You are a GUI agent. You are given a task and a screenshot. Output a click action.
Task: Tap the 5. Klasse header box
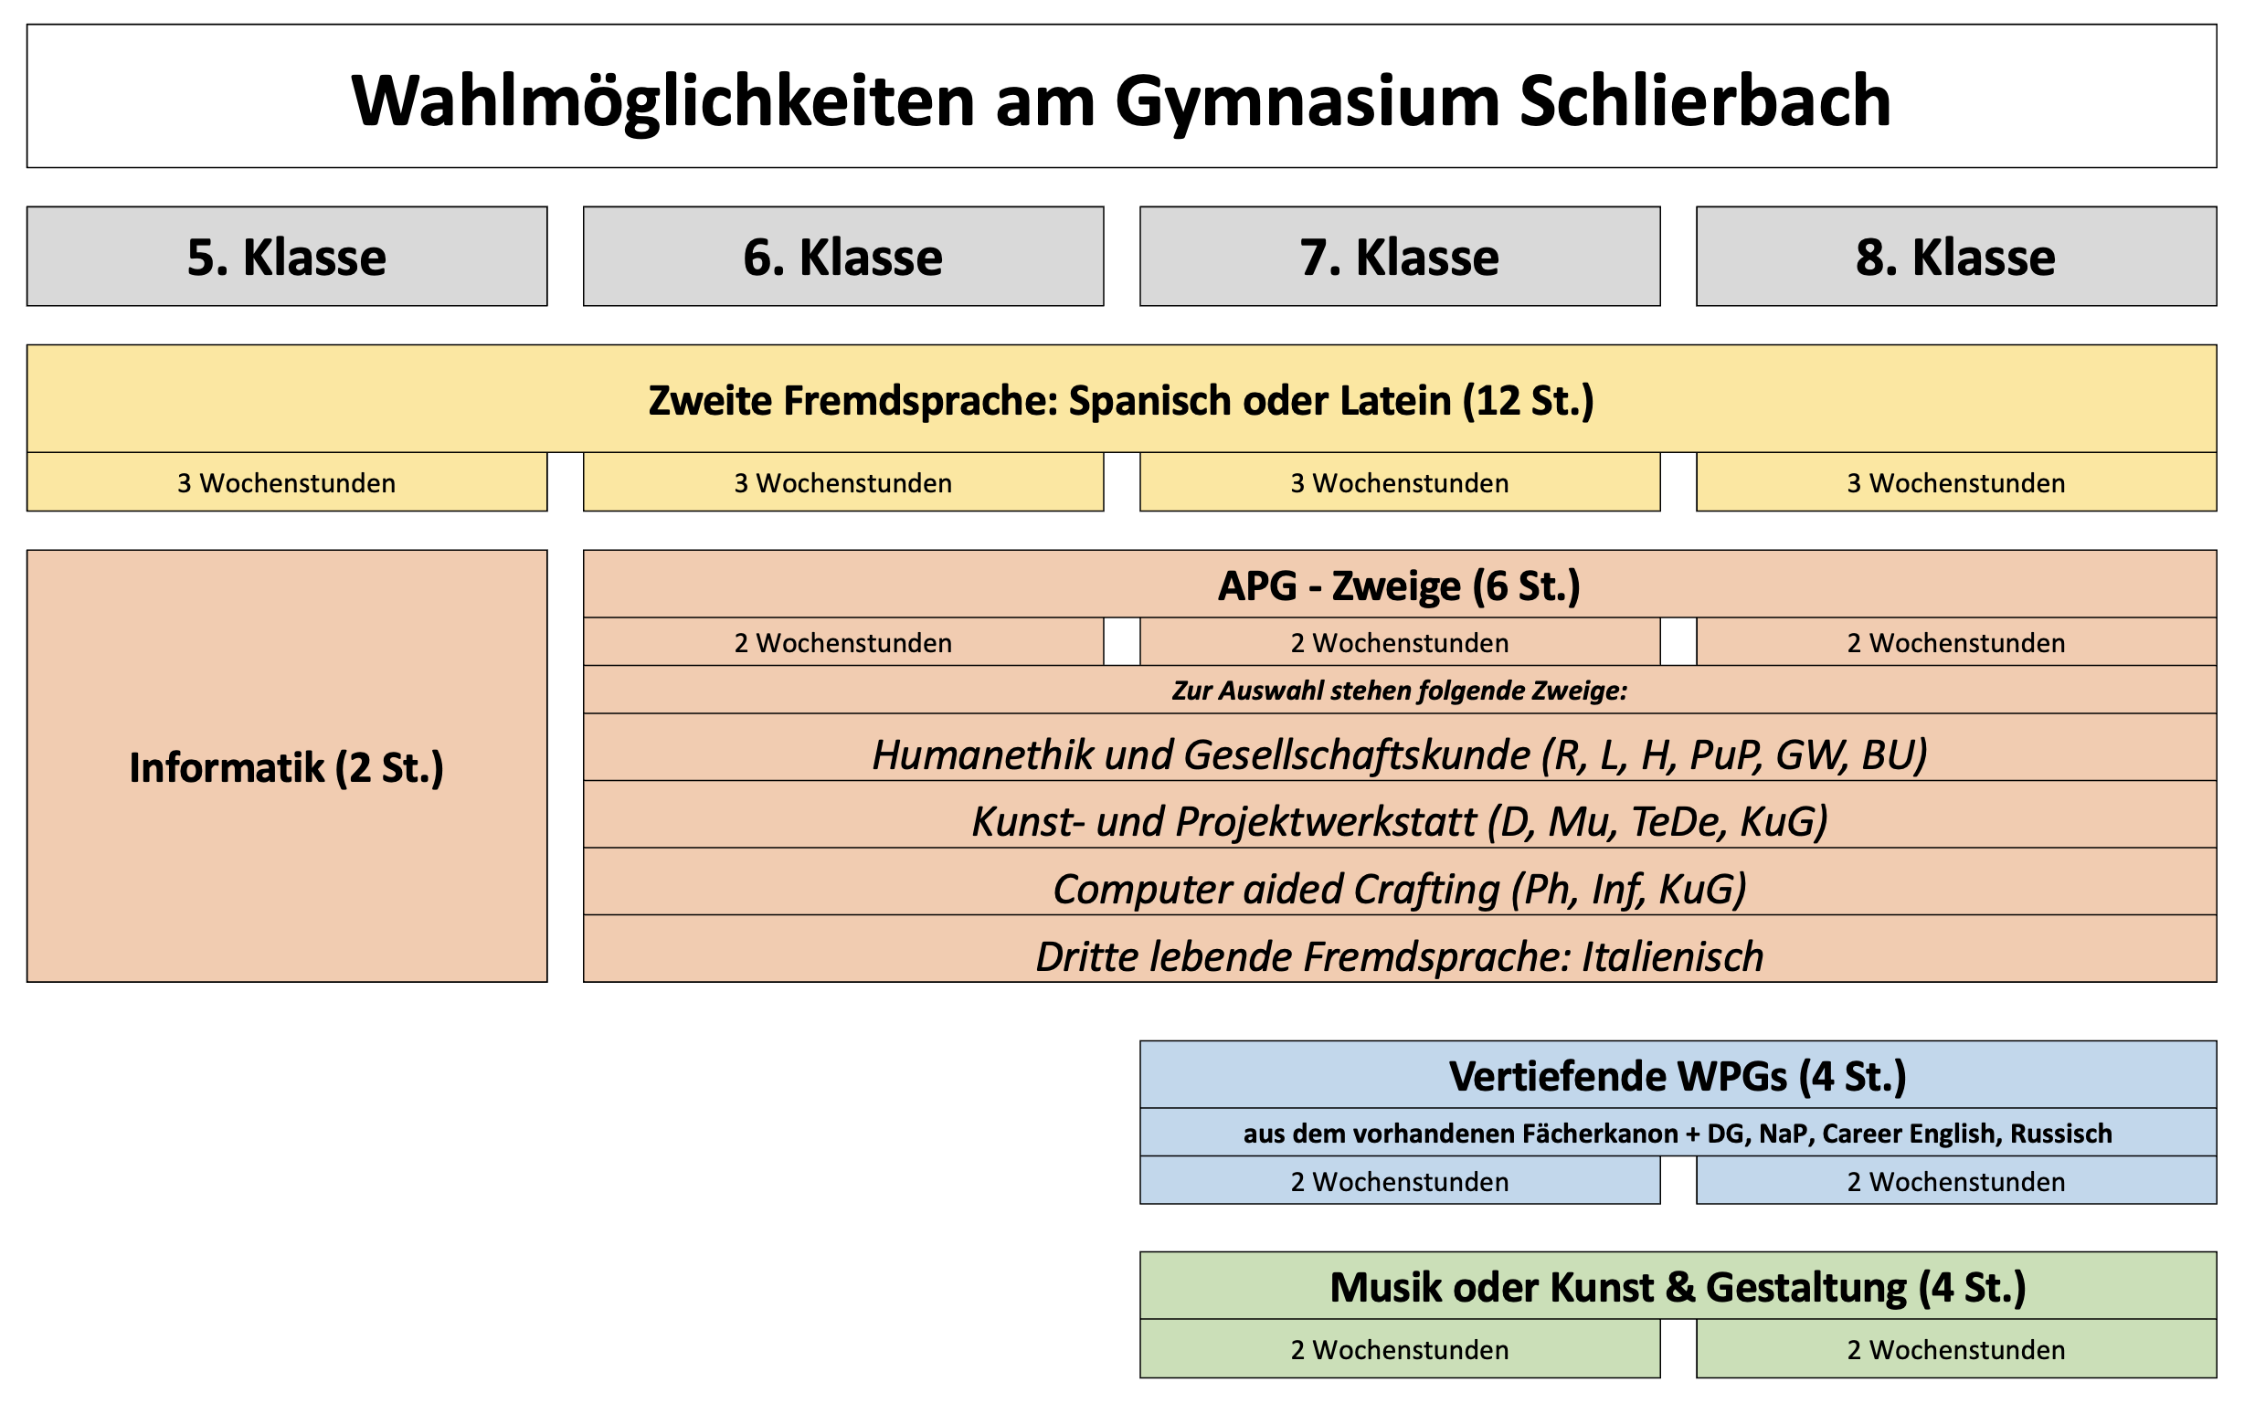click(287, 256)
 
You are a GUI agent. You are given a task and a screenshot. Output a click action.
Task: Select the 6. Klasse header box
click(843, 256)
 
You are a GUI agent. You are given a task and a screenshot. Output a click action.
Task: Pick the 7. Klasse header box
click(1401, 256)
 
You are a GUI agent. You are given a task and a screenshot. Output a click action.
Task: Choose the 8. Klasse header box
click(1957, 256)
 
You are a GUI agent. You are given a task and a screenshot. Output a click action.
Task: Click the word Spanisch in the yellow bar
click(1150, 402)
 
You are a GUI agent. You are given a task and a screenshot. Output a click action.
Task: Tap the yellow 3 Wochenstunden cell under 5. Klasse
click(287, 482)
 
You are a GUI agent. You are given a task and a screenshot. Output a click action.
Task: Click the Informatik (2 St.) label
click(287, 768)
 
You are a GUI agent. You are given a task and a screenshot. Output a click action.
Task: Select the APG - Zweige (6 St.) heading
click(1400, 585)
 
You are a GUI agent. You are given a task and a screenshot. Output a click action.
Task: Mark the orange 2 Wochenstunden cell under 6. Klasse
click(843, 642)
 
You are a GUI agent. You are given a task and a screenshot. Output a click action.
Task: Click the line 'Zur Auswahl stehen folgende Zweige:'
click(1400, 691)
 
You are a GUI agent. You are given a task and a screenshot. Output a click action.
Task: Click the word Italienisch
click(1673, 956)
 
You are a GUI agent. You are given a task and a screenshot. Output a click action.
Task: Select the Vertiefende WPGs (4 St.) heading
click(1678, 1076)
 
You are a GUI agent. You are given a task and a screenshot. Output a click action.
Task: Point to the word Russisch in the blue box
click(2061, 1134)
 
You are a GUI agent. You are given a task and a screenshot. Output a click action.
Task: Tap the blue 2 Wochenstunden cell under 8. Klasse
click(1957, 1180)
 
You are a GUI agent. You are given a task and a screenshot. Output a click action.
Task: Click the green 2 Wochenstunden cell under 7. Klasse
click(1401, 1349)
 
